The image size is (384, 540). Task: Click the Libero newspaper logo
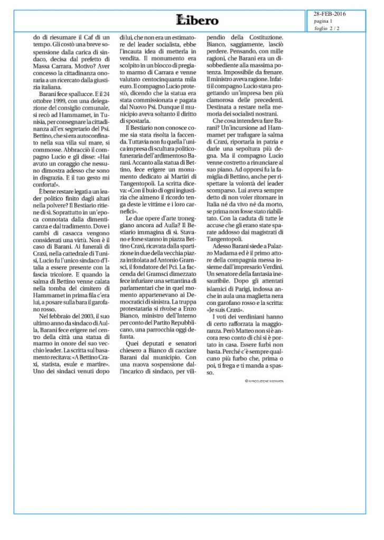click(198, 21)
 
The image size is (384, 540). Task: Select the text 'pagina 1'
click(323, 21)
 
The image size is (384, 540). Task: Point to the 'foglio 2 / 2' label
click(327, 28)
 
